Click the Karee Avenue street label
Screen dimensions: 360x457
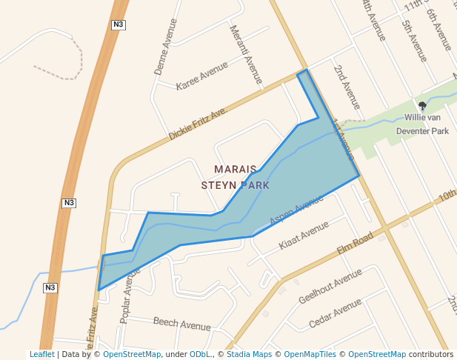pos(201,76)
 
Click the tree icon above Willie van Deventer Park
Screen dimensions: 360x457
pos(422,105)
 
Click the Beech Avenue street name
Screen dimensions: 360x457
pos(182,324)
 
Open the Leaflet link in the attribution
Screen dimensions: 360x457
pos(41,354)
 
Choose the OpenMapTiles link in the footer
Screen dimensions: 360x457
pos(310,354)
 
